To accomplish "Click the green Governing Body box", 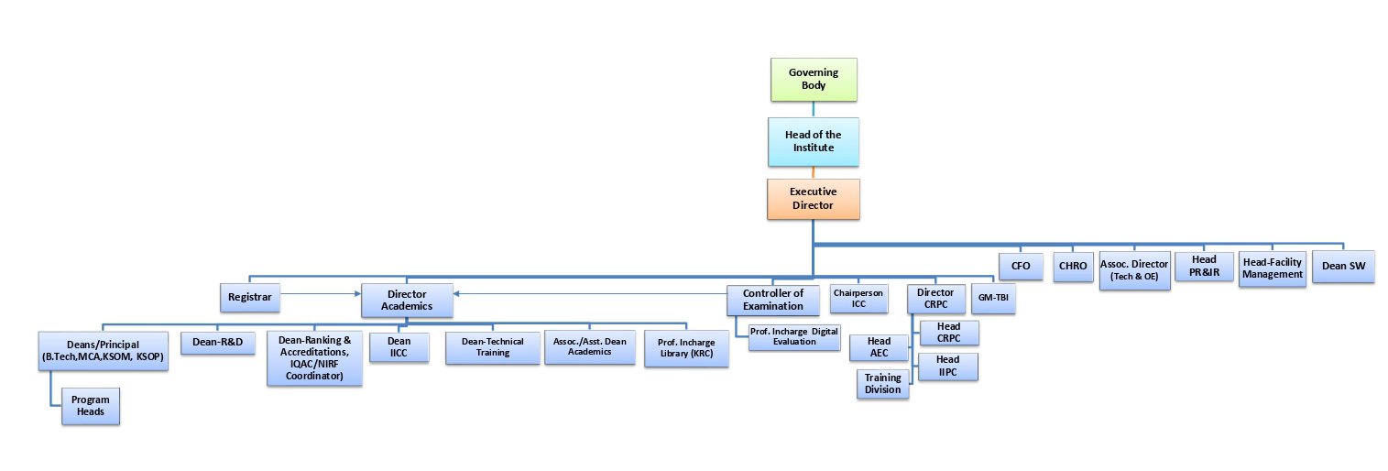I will pos(814,79).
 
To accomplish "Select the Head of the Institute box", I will pos(813,141).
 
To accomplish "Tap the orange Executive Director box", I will pos(813,199).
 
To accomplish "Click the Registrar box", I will pos(250,297).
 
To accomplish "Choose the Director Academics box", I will pos(407,300).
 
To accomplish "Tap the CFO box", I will pos(1021,266).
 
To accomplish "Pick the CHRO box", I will pos(1072,266).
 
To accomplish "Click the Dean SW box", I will pos(1342,266).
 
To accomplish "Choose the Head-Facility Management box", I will pos(1272,268).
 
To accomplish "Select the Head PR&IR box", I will pos(1205,266).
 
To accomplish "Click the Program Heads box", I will pos(90,406).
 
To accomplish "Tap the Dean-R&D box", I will pos(217,342).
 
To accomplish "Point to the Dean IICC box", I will pos(399,346).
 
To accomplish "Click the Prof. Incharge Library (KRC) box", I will pos(686,348).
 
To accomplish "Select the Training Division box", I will pos(883,384).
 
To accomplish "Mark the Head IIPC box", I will pos(948,366).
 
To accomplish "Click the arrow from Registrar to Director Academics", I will pos(321,294).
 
